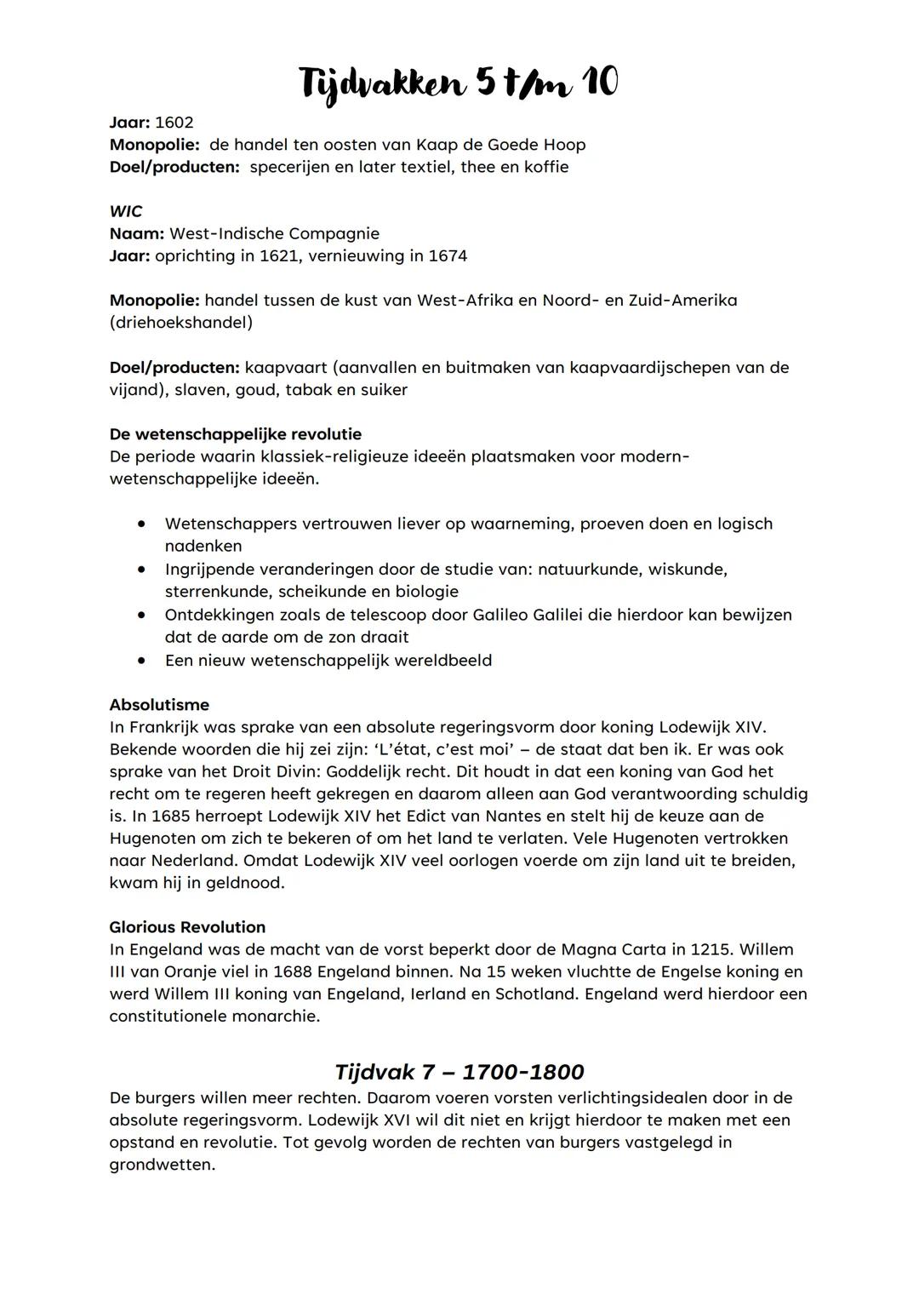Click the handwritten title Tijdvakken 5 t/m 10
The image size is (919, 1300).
(459, 83)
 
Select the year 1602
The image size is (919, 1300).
(174, 123)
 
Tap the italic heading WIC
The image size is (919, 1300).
(126, 211)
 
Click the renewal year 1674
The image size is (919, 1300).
(446, 255)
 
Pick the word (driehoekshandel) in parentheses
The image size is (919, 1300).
(180, 323)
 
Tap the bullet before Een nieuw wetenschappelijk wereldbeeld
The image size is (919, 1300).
(142, 660)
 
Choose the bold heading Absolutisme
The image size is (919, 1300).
(159, 705)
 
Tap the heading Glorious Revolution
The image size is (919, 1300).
(187, 927)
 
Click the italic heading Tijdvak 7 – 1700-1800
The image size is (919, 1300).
(459, 1071)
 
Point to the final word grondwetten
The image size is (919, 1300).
(162, 1165)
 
